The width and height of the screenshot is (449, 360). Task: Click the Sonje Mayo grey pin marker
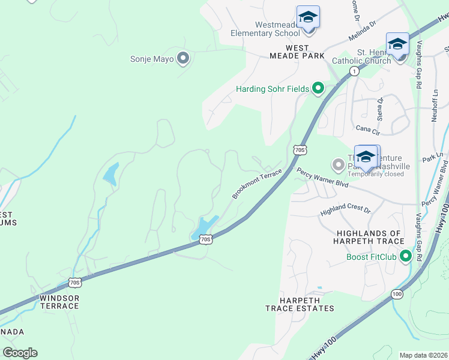click(x=184, y=59)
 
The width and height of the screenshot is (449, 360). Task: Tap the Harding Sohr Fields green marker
click(x=318, y=89)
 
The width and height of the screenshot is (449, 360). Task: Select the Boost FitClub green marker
click(x=406, y=257)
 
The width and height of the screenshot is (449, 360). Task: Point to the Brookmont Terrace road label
click(x=257, y=184)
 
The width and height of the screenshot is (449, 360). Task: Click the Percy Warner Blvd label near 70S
click(x=322, y=178)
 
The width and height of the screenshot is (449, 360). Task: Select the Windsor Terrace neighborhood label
click(x=59, y=302)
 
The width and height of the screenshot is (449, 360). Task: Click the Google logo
click(x=20, y=353)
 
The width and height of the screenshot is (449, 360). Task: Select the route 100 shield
click(x=397, y=294)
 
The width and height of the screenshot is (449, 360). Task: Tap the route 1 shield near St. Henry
click(x=354, y=71)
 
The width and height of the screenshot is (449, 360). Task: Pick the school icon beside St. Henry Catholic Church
click(x=397, y=44)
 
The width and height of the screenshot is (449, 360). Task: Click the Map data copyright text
click(x=423, y=355)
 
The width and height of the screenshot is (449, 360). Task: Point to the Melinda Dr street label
click(x=361, y=32)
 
